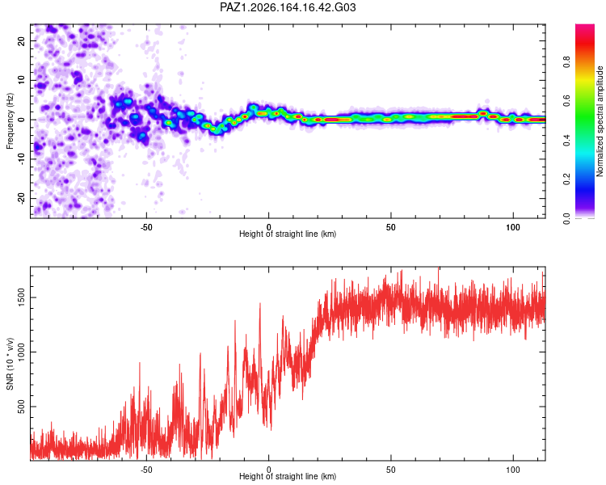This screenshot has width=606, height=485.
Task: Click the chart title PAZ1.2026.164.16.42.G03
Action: [288, 7]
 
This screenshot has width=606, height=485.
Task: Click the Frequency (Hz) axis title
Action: [10, 121]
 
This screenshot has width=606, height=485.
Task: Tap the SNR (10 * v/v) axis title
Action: [10, 364]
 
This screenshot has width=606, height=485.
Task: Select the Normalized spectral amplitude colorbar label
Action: [600, 121]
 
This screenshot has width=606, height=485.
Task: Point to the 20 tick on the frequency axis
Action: [21, 40]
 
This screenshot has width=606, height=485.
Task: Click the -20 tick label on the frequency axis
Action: [21, 198]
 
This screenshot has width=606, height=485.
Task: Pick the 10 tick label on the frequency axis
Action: [21, 80]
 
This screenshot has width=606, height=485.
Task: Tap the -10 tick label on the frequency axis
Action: [21, 158]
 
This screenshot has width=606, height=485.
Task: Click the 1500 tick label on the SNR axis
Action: [21, 297]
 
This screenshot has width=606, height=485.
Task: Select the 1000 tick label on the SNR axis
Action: [21, 352]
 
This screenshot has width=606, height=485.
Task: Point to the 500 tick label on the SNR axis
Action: [21, 407]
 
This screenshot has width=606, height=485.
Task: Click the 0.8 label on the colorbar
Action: [566, 62]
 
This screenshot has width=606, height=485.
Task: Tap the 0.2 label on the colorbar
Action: [566, 179]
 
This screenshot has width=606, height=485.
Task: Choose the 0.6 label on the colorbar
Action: [566, 101]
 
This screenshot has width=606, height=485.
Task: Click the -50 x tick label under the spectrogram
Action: [146, 227]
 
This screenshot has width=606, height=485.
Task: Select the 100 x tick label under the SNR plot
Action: [513, 470]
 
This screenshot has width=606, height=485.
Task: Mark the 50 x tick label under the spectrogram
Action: [391, 227]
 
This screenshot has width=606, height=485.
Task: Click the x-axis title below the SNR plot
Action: [288, 476]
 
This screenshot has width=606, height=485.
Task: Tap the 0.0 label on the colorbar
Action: [566, 218]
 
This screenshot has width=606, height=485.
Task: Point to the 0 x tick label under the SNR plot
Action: [268, 470]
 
